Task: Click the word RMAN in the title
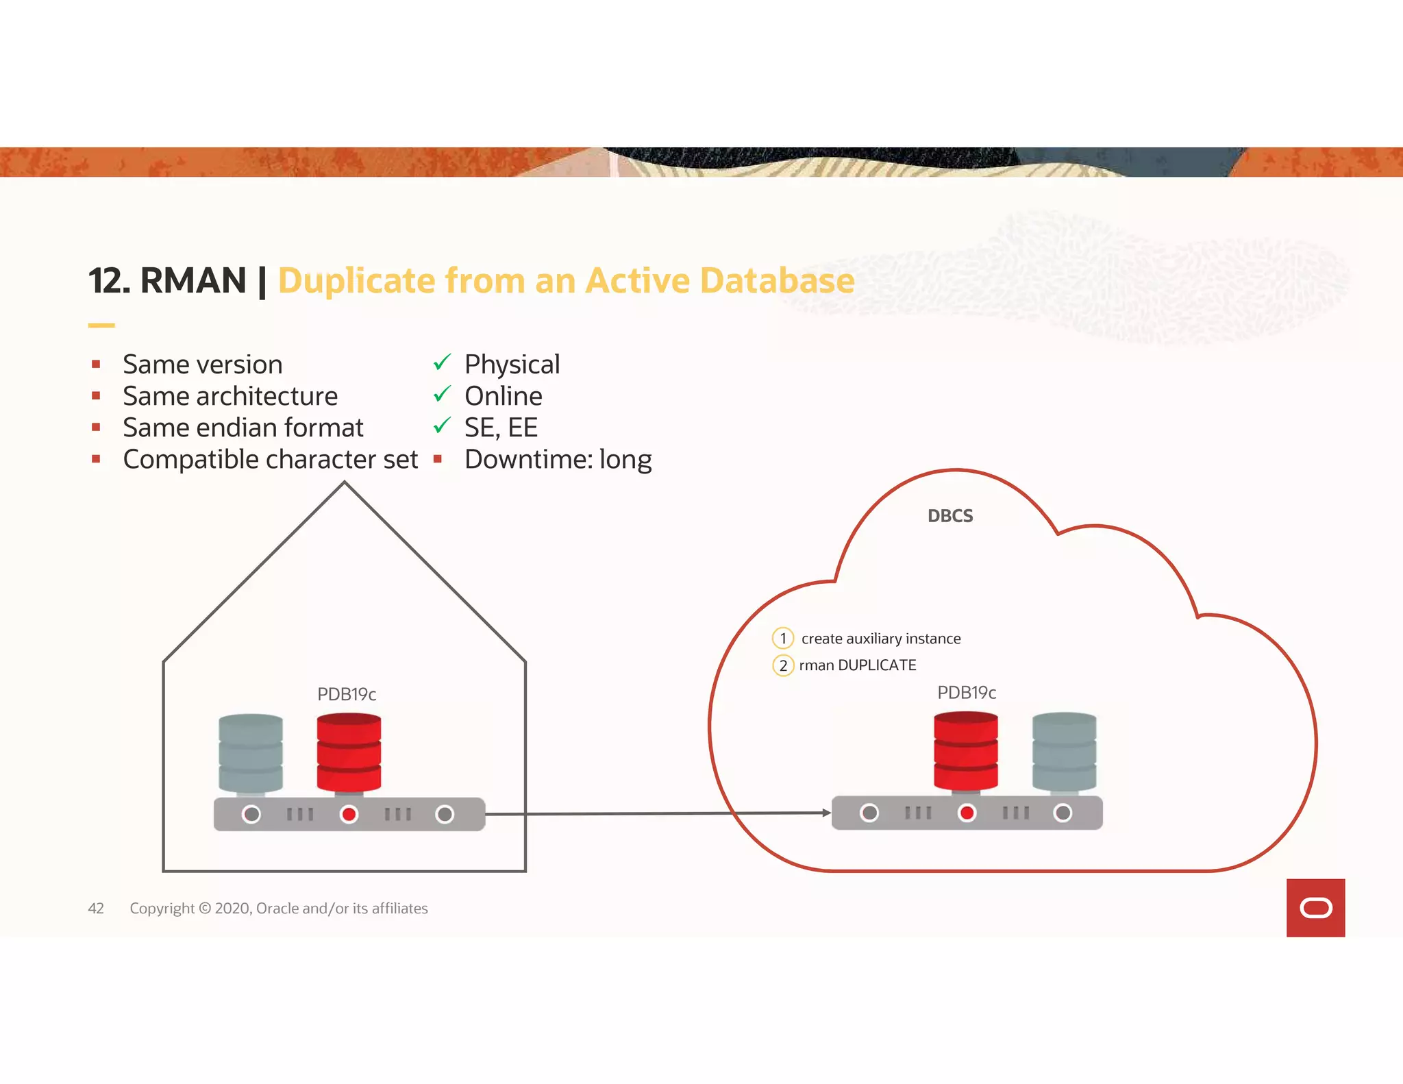coord(193,281)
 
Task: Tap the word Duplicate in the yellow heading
coord(356,281)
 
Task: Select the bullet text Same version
coord(202,365)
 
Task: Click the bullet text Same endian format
coord(243,428)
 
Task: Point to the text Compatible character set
coord(270,459)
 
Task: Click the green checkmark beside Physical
coord(442,362)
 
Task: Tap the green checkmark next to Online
coord(442,394)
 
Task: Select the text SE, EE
coord(501,428)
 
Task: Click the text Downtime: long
coord(558,459)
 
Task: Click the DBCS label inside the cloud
coord(949,516)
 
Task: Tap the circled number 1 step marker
coord(782,639)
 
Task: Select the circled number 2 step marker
coord(782,665)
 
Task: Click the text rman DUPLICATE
coord(857,665)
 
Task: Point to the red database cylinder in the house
coord(349,752)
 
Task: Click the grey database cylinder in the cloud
coord(1064,752)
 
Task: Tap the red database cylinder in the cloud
coord(965,751)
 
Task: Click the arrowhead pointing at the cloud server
coord(826,813)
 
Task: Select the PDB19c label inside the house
coord(347,694)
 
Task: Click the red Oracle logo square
coord(1315,908)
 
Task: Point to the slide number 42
coord(96,909)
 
